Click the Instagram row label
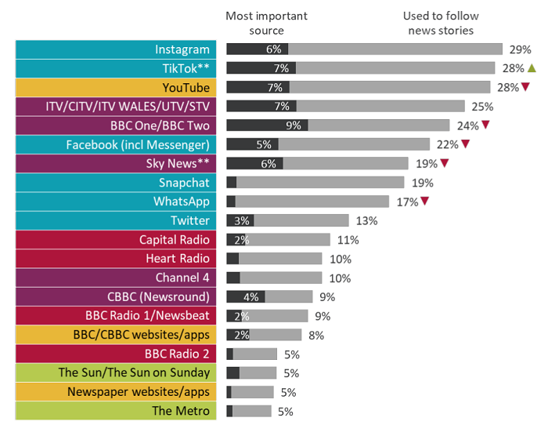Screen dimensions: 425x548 pyautogui.click(x=114, y=49)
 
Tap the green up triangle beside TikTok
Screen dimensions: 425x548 pyautogui.click(x=532, y=67)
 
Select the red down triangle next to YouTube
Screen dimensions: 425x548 pyautogui.click(x=526, y=87)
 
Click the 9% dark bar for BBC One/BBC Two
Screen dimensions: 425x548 pyautogui.click(x=267, y=125)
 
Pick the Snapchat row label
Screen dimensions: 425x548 pyautogui.click(x=114, y=182)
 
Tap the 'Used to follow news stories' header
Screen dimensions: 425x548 pyautogui.click(x=440, y=23)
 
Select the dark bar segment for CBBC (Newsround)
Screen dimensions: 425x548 pyautogui.click(x=246, y=296)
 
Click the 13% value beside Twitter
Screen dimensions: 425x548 pyautogui.click(x=366, y=220)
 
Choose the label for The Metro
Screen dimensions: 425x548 pyautogui.click(x=114, y=411)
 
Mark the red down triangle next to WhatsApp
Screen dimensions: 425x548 pyautogui.click(x=424, y=202)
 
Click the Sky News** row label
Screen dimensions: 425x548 pyautogui.click(x=114, y=163)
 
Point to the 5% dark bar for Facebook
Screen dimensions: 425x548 pyautogui.click(x=252, y=144)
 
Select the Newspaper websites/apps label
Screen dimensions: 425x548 pyautogui.click(x=114, y=391)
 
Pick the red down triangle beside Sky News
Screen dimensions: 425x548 pyautogui.click(x=444, y=163)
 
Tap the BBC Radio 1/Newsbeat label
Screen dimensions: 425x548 pyautogui.click(x=114, y=315)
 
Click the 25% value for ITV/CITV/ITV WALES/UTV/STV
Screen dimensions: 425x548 pyautogui.click(x=483, y=106)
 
